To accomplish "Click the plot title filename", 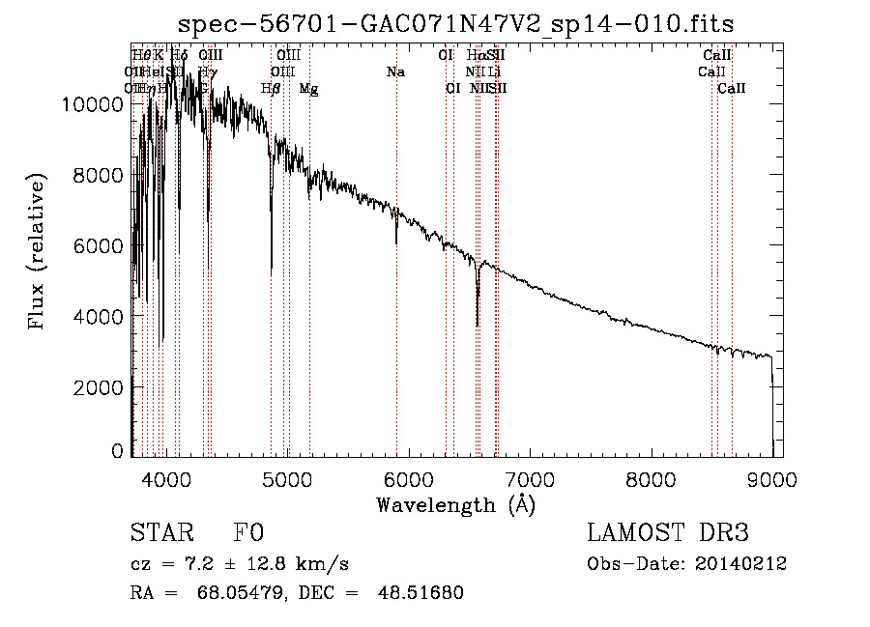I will click(x=456, y=23).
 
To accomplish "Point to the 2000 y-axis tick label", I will click(x=102, y=386).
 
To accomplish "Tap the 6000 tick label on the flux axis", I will click(x=102, y=245).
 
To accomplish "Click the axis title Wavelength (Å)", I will click(x=456, y=504).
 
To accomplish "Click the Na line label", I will click(x=395, y=72).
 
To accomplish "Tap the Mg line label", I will click(x=309, y=89).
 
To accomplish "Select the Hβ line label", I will click(x=271, y=89).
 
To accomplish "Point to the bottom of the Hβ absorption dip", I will click(x=272, y=271).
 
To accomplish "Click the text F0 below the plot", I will click(x=248, y=534).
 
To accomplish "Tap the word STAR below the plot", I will click(x=159, y=534).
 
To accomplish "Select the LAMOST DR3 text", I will click(x=667, y=534).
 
